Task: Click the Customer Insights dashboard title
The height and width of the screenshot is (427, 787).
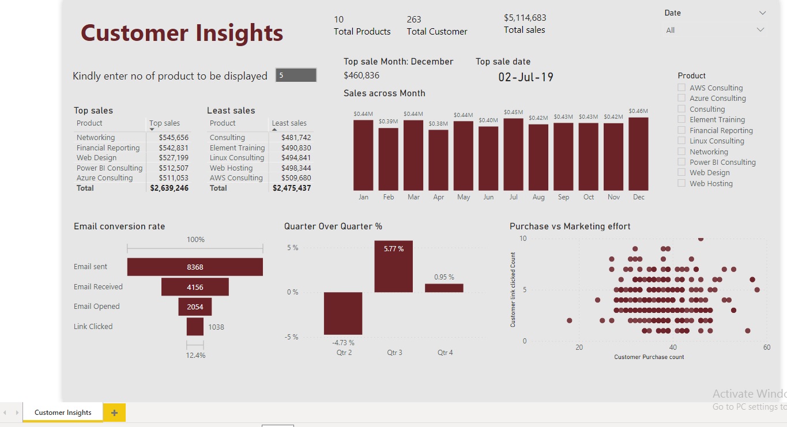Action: (x=182, y=33)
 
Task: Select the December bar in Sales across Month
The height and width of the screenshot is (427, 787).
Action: (x=638, y=154)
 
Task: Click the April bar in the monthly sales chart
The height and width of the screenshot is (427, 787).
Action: (x=438, y=160)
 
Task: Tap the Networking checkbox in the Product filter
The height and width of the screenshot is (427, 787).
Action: (x=681, y=152)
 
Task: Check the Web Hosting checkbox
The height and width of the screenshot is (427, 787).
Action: (x=681, y=183)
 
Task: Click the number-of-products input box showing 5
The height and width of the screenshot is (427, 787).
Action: (x=296, y=75)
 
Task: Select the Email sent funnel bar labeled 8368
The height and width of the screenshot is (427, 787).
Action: (x=195, y=267)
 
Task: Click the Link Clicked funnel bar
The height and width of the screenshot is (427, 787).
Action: (x=195, y=327)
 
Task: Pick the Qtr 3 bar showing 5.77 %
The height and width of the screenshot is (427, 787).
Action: (x=393, y=266)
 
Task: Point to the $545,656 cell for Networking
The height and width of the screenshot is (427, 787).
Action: (x=174, y=138)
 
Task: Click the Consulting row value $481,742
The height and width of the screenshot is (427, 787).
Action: (x=296, y=138)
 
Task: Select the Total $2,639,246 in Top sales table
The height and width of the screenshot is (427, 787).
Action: (x=169, y=188)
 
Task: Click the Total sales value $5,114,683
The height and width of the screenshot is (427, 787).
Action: (x=525, y=18)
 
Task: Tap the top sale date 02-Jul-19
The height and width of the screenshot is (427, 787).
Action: (x=525, y=77)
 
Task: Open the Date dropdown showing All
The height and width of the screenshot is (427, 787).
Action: (x=715, y=30)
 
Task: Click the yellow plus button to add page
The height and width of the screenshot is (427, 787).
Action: (x=114, y=413)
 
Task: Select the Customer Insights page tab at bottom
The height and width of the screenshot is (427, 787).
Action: (x=63, y=413)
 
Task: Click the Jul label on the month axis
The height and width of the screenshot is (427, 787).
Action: (x=513, y=197)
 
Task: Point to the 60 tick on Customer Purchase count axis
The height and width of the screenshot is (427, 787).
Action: (x=766, y=347)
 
